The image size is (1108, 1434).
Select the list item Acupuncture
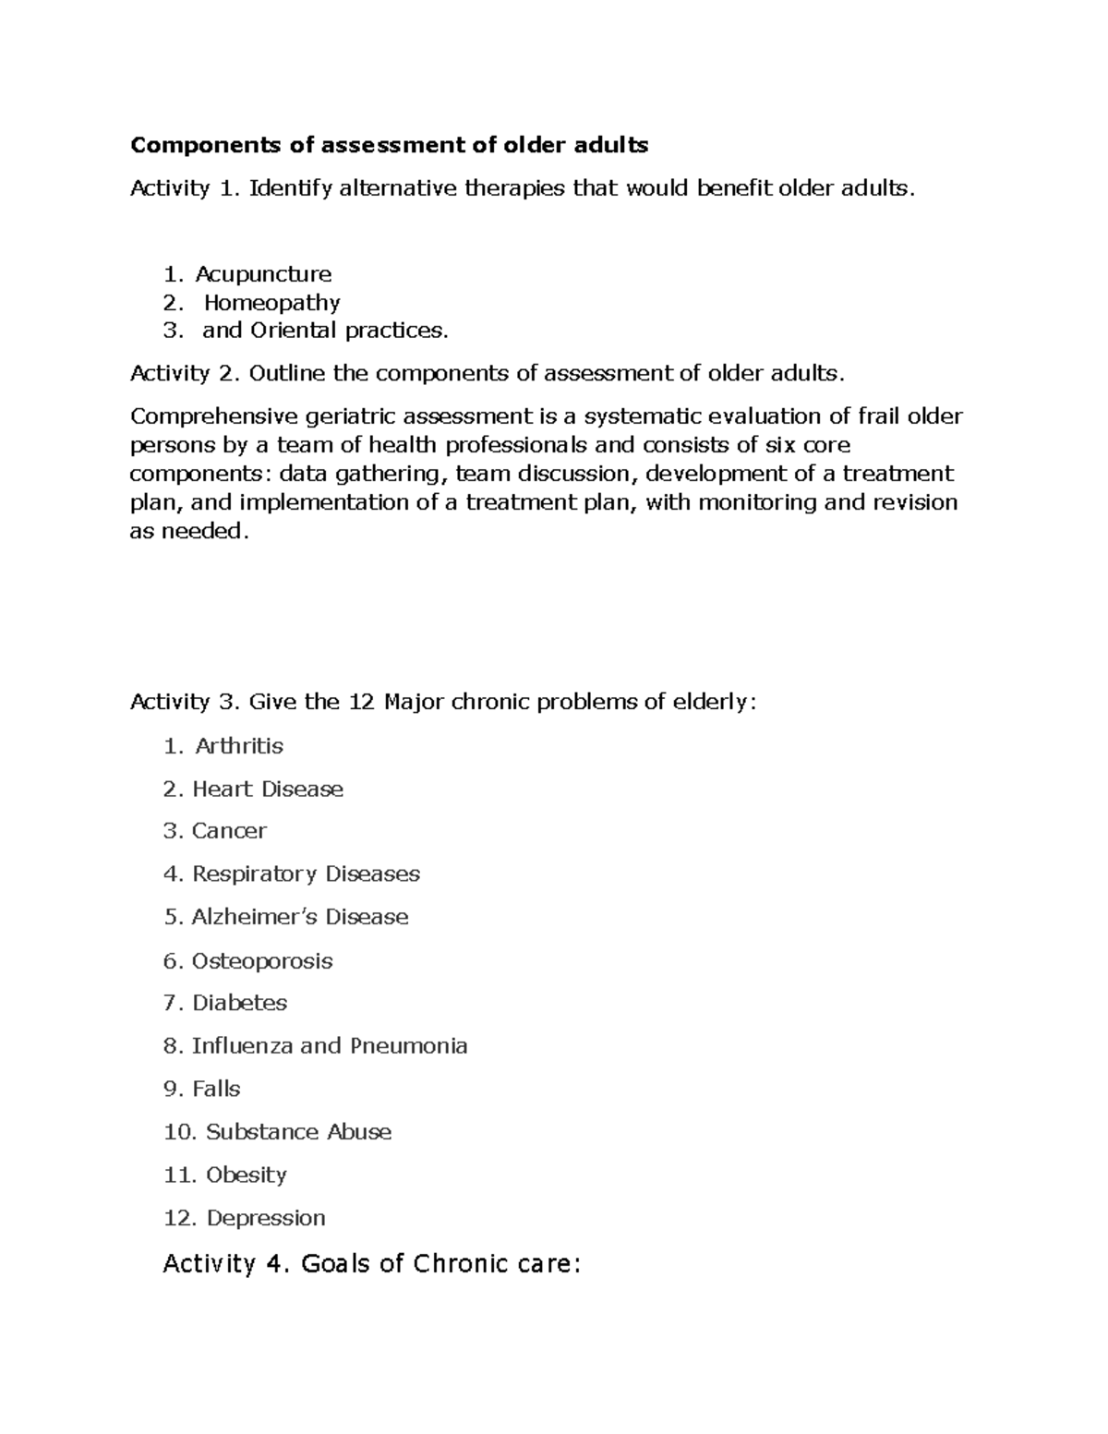pos(263,274)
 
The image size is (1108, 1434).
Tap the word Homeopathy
pos(271,303)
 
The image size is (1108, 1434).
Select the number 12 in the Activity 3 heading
pos(362,702)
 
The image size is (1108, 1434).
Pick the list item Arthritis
pos(239,746)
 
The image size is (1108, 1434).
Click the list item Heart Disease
pos(268,789)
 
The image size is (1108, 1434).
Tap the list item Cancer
pos(229,831)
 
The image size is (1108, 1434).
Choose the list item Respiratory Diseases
pos(306,874)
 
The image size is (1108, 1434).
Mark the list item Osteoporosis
pos(262,961)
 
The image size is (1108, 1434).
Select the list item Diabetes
pos(240,1003)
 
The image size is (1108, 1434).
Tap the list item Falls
pos(216,1090)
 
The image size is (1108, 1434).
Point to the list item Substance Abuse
pos(298,1132)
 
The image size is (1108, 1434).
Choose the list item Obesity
pos(247,1175)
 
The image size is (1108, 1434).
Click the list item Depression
pos(266,1219)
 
